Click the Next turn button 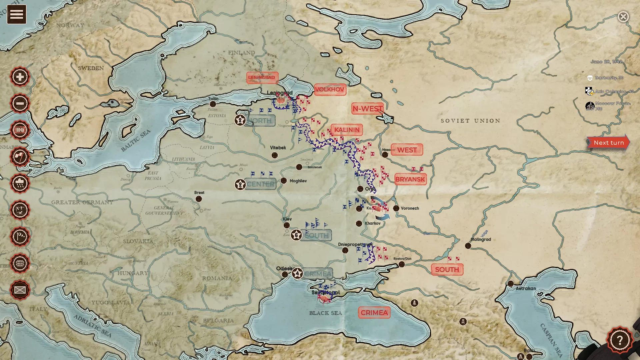pyautogui.click(x=608, y=143)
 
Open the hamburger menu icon pyautogui.click(x=16, y=14)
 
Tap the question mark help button pyautogui.click(x=619, y=340)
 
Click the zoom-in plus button pyautogui.click(x=20, y=77)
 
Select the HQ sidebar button pyautogui.click(x=20, y=130)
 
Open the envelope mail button pyautogui.click(x=20, y=290)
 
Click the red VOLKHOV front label pyautogui.click(x=330, y=89)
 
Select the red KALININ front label pyautogui.click(x=347, y=130)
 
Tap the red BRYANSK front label pyautogui.click(x=410, y=179)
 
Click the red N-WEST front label pyautogui.click(x=367, y=109)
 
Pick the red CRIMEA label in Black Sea pyautogui.click(x=374, y=313)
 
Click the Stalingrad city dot pyautogui.click(x=468, y=246)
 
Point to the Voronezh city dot pyautogui.click(x=396, y=208)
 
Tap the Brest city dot pyautogui.click(x=199, y=199)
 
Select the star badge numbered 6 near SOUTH pyautogui.click(x=296, y=235)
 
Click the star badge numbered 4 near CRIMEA pyautogui.click(x=297, y=274)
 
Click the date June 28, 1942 pyautogui.click(x=606, y=62)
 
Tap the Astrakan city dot pyautogui.click(x=511, y=284)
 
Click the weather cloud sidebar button pyautogui.click(x=20, y=183)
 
